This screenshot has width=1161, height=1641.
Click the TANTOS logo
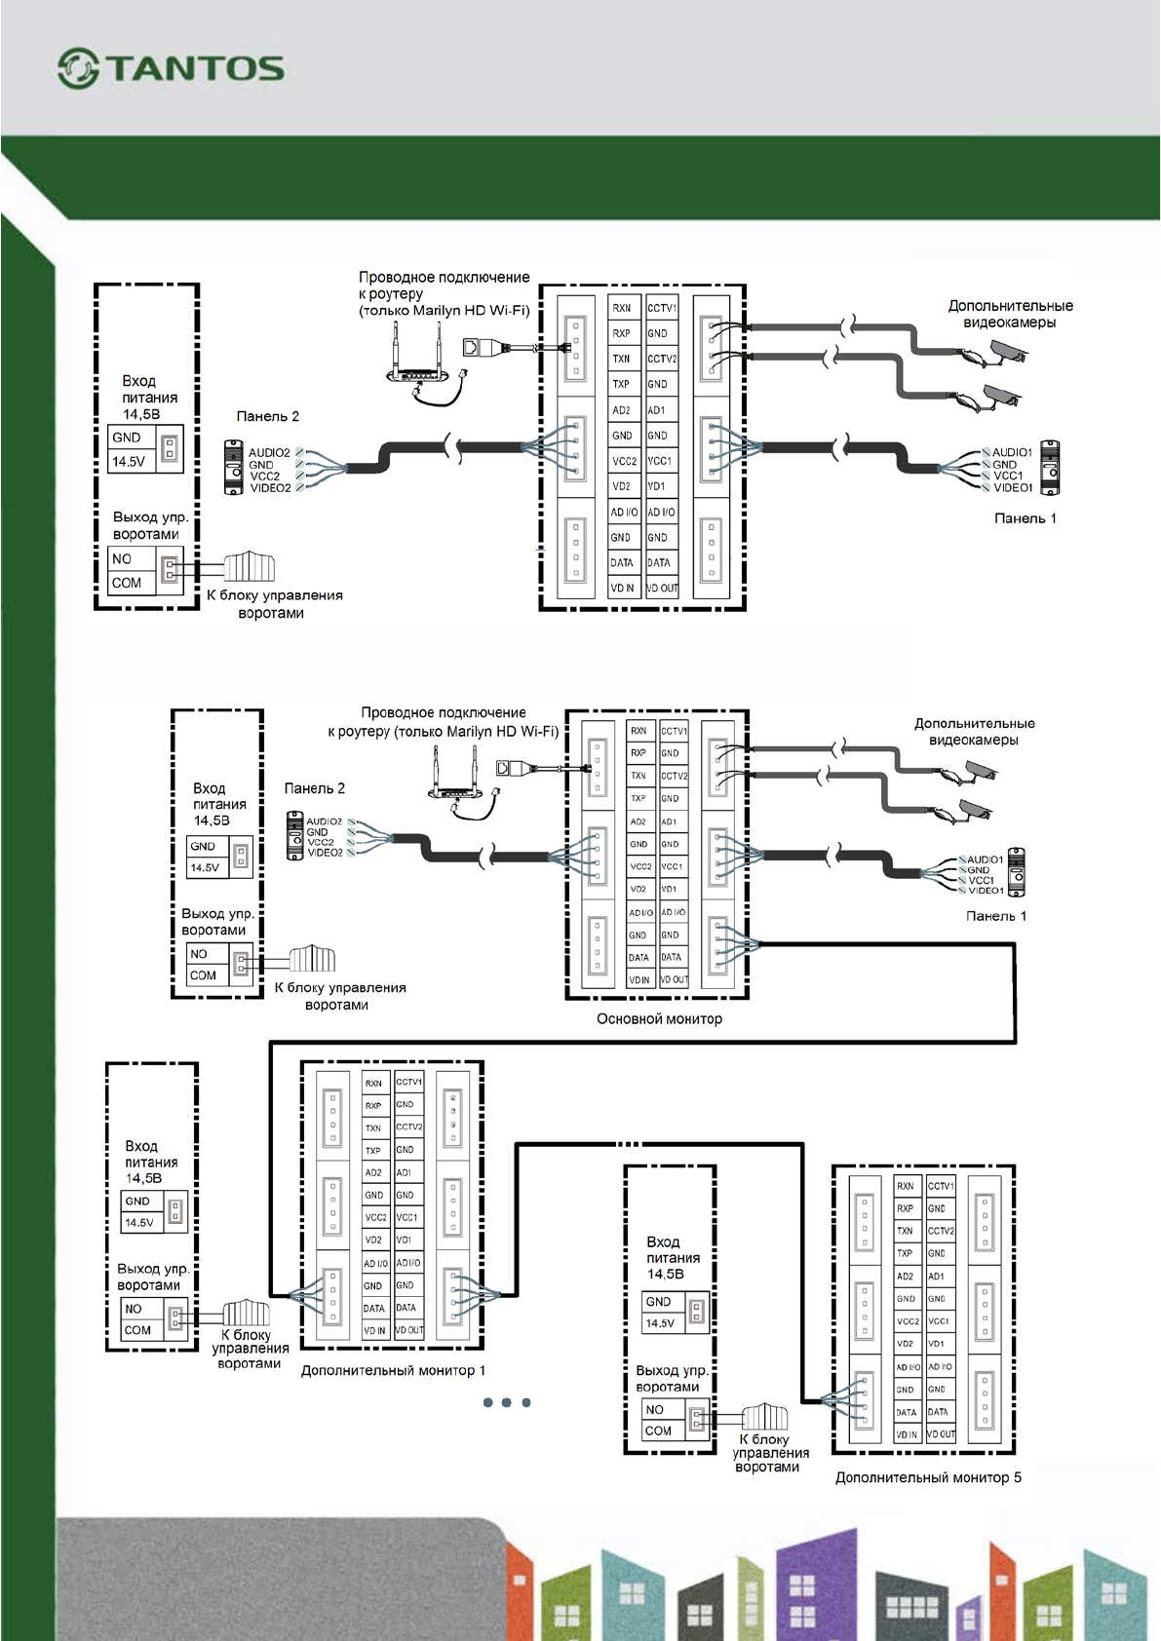click(x=172, y=68)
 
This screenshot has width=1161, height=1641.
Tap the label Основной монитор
click(x=659, y=1019)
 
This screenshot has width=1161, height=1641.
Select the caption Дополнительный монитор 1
click(x=393, y=1370)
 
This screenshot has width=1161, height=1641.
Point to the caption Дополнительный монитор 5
click(x=928, y=1477)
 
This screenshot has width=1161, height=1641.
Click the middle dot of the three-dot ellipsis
click(x=506, y=1402)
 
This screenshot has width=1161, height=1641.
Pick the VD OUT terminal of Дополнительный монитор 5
click(x=941, y=1434)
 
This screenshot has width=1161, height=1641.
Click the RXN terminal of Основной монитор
click(x=639, y=731)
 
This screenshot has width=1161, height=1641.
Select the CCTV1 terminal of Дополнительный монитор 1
click(x=408, y=1082)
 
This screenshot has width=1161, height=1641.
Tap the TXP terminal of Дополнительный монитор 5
click(x=906, y=1253)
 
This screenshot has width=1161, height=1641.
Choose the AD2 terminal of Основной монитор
click(x=639, y=821)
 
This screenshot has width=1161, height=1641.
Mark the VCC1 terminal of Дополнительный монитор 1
click(x=407, y=1217)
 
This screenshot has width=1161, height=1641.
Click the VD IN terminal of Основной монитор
click(x=639, y=980)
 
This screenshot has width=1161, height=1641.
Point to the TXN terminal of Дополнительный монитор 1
click(x=373, y=1127)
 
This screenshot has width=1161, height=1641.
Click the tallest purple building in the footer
click(x=816, y=1579)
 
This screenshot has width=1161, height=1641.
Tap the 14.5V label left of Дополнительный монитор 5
click(x=660, y=1323)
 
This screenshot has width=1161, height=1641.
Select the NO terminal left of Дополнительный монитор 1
click(x=134, y=1309)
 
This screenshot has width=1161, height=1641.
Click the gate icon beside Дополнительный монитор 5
click(x=764, y=1417)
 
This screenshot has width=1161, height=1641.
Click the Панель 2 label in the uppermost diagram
click(x=267, y=416)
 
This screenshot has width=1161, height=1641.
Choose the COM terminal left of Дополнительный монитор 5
click(x=658, y=1431)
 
